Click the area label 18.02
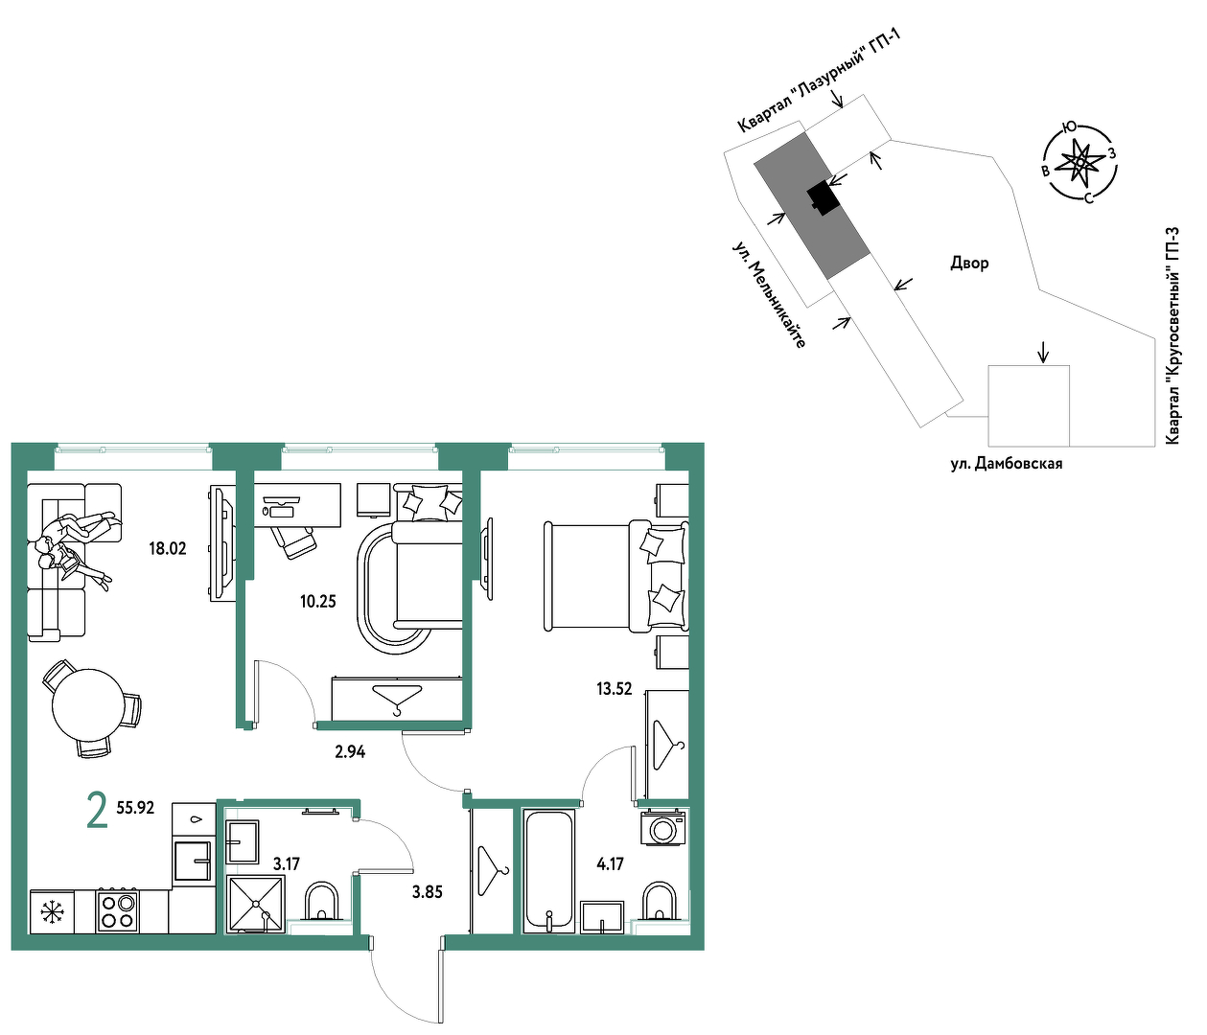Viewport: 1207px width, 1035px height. point(168,549)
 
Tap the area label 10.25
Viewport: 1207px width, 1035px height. point(318,601)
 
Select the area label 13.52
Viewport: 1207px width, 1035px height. point(615,689)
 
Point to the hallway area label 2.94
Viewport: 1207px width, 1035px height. point(350,752)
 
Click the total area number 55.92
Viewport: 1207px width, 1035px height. point(135,807)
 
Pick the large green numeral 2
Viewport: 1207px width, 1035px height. point(97,810)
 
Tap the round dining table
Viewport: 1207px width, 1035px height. point(87,706)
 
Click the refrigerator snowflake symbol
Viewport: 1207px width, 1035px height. point(52,911)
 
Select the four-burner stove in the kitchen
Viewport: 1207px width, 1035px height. point(117,911)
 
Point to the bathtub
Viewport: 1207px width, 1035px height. point(548,871)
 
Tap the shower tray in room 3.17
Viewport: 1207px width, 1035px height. point(256,905)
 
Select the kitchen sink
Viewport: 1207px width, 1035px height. point(193,861)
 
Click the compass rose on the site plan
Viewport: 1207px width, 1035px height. point(1079,161)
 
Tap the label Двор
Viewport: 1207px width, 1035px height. point(970,264)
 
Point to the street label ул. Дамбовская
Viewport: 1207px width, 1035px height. point(1007,464)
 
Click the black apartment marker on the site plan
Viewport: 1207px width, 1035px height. point(824,197)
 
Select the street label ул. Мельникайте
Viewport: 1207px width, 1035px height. point(770,295)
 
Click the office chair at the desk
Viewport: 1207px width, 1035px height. point(295,540)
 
